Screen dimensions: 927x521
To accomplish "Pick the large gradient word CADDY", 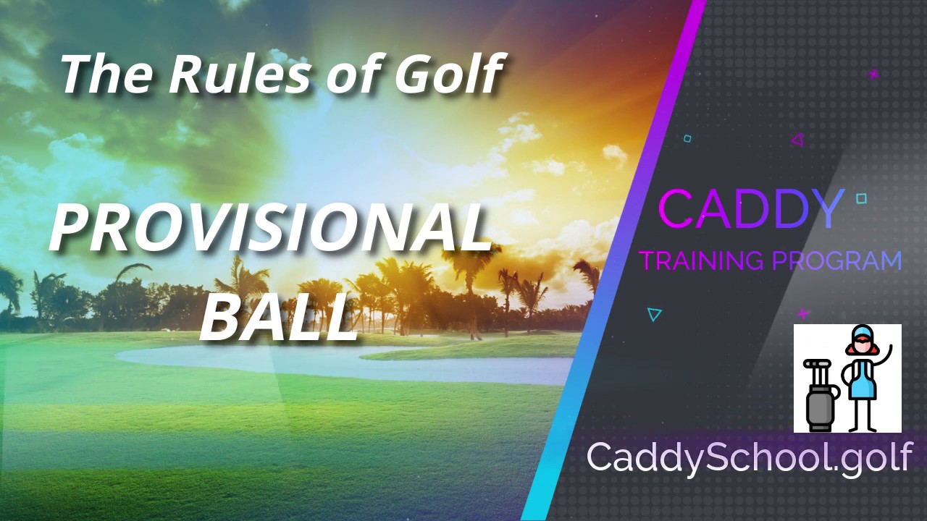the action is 750,209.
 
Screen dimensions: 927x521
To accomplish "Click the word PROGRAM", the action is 836,260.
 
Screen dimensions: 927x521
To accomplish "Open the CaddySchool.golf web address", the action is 749,457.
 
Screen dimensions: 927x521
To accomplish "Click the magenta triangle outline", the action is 798,140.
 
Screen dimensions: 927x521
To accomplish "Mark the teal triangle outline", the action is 653,314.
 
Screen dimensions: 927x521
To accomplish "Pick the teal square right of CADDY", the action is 862,199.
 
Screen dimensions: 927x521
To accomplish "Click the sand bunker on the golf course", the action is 343,365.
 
